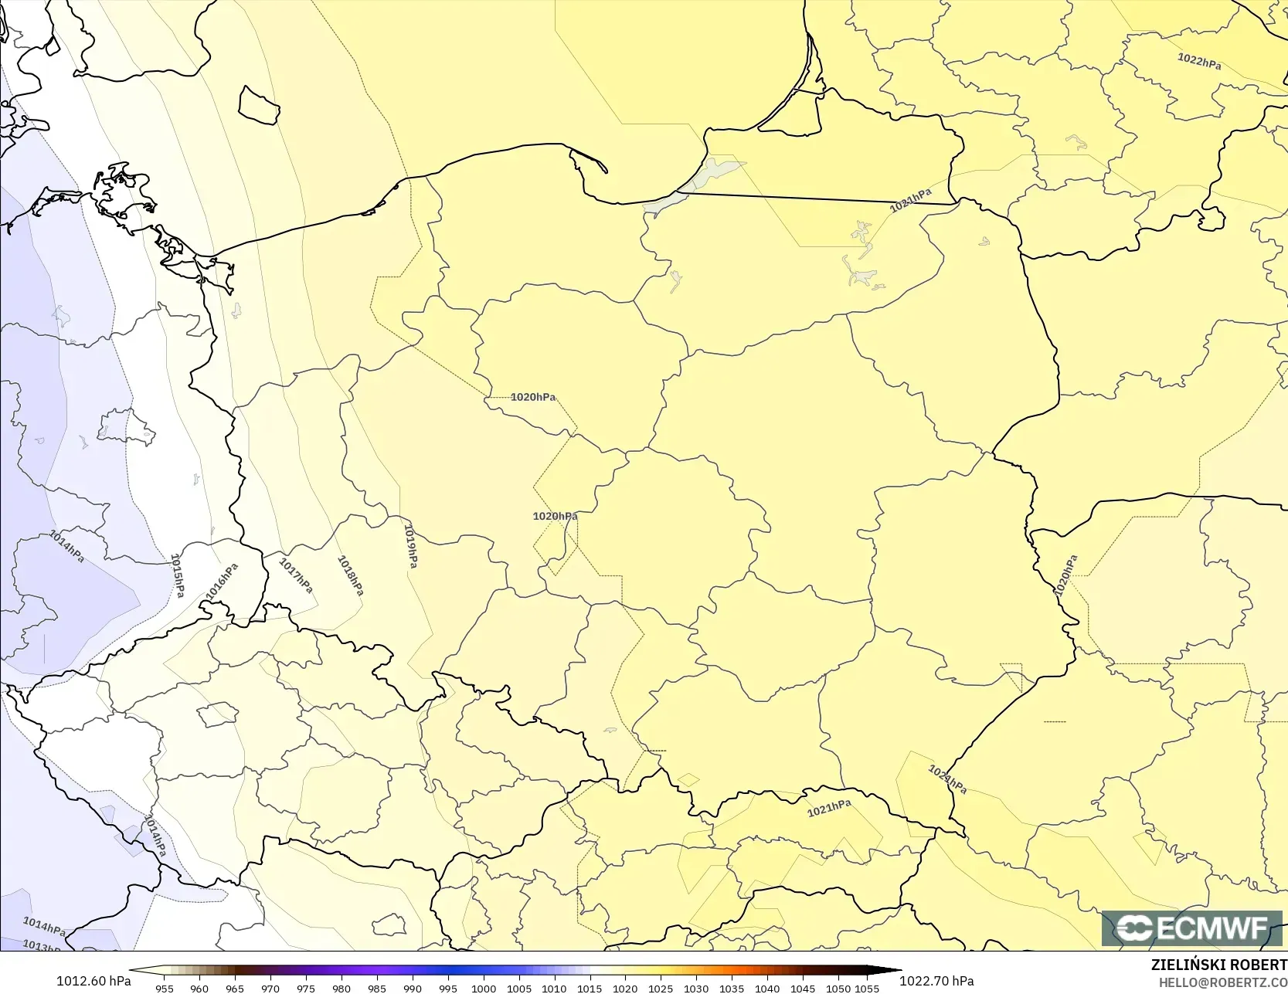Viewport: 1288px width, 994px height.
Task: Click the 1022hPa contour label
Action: (x=1199, y=61)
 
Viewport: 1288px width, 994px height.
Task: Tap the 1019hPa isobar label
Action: (x=411, y=546)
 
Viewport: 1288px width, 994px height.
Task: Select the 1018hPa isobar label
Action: (x=350, y=575)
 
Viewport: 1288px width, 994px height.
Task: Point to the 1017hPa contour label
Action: (x=296, y=576)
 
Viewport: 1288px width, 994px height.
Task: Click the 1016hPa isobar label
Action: (x=223, y=582)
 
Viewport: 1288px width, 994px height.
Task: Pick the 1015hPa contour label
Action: (x=178, y=575)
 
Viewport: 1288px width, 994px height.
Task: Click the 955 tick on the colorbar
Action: (x=165, y=988)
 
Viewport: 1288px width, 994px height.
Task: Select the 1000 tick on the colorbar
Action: (x=484, y=988)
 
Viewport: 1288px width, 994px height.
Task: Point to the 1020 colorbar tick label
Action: (x=625, y=988)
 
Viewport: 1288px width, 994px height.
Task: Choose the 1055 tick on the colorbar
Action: (x=867, y=988)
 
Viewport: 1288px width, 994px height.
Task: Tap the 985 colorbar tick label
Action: (x=377, y=988)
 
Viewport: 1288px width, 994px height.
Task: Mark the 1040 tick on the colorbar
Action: (x=767, y=988)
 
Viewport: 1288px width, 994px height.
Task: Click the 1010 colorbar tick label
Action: (x=554, y=988)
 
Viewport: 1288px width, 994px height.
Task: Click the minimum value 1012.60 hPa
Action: (x=93, y=981)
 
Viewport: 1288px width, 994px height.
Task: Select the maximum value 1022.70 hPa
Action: (x=936, y=981)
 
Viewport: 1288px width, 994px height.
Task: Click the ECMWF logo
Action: (x=1191, y=928)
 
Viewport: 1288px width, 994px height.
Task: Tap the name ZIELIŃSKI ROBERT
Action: (x=1218, y=965)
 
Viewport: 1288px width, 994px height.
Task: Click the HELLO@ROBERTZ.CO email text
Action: (x=1222, y=982)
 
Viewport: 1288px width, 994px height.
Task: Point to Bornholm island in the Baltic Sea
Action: (x=258, y=106)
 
